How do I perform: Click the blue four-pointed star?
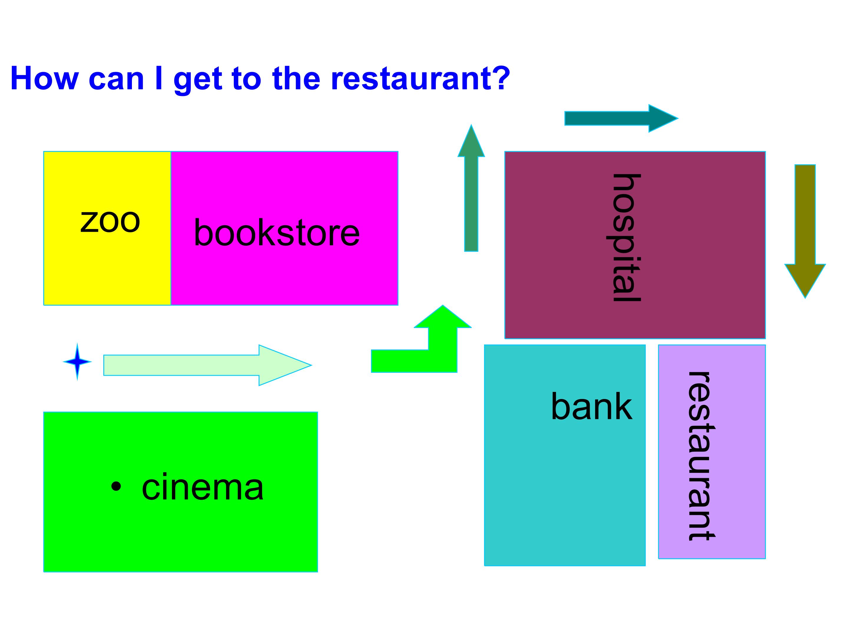(x=77, y=362)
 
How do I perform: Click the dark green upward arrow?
(x=471, y=188)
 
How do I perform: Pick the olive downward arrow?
(x=805, y=231)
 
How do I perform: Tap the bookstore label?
(x=277, y=232)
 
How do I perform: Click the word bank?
(x=592, y=406)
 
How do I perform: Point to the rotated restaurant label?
(x=701, y=456)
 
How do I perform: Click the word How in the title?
(x=44, y=78)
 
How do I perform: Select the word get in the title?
(x=198, y=80)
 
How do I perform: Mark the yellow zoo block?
(x=107, y=228)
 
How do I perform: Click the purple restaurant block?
(x=712, y=452)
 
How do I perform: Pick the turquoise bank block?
(x=565, y=455)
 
